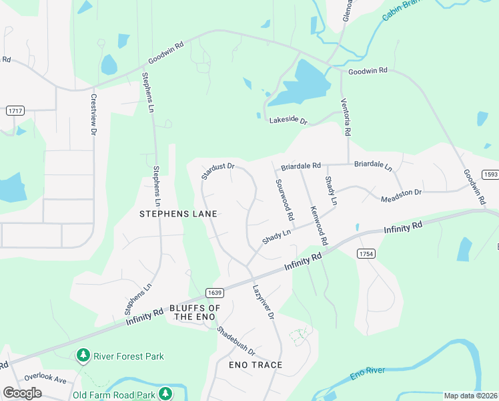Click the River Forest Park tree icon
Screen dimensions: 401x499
click(x=83, y=356)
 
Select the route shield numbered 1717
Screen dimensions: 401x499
click(x=15, y=110)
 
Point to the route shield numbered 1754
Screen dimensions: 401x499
click(x=365, y=254)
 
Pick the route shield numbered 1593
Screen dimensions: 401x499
click(x=490, y=174)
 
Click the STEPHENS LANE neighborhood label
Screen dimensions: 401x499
click(x=178, y=214)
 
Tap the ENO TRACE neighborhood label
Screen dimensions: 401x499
click(x=256, y=365)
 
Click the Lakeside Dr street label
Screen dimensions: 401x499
click(x=288, y=121)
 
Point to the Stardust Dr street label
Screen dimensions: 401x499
click(x=219, y=171)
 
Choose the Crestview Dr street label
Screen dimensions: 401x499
click(x=93, y=114)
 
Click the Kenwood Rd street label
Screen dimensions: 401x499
click(x=319, y=225)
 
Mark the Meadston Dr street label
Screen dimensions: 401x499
click(x=401, y=195)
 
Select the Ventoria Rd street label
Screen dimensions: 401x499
click(x=346, y=117)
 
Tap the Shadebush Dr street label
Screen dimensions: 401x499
click(x=236, y=341)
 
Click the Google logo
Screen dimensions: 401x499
click(x=22, y=393)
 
